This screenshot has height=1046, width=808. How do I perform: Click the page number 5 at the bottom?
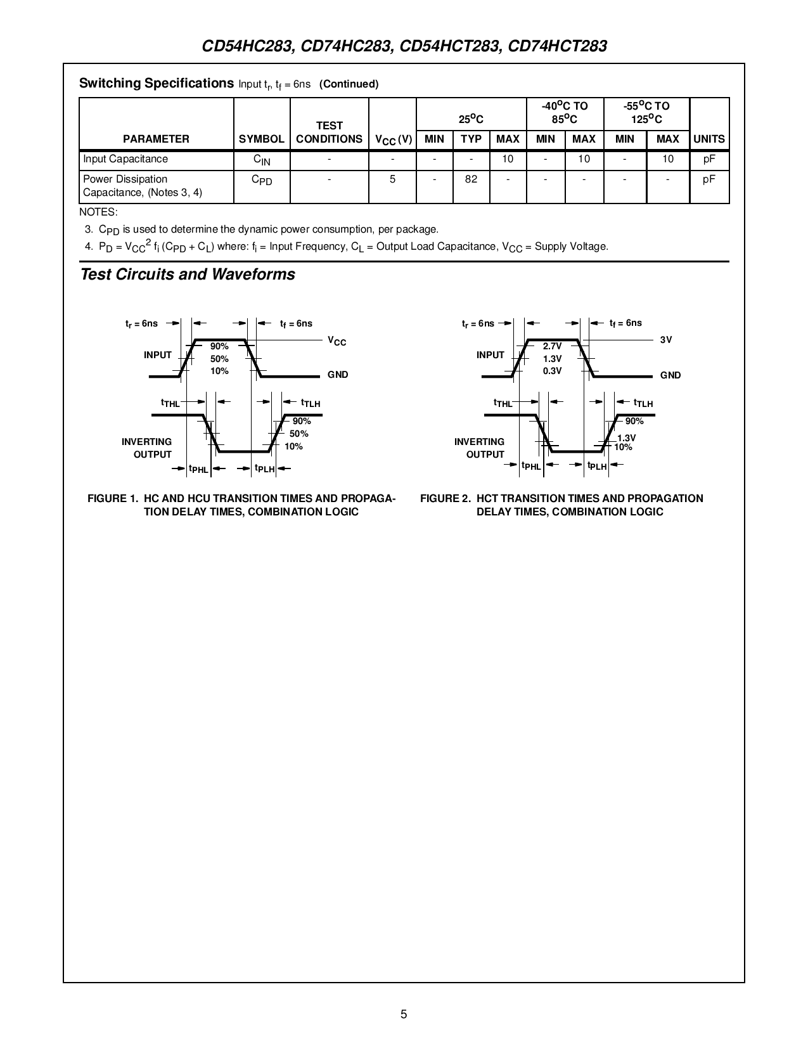click(404, 1014)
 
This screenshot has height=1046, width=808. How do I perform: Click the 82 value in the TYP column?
click(471, 179)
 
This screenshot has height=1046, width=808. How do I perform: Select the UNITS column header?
click(709, 139)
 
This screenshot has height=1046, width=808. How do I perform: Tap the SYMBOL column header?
click(262, 139)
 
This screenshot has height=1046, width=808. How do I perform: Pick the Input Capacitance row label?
click(125, 159)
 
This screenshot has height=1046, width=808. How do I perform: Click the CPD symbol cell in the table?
click(262, 181)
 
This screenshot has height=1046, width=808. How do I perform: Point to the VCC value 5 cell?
click(392, 179)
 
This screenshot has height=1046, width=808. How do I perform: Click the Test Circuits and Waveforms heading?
click(188, 274)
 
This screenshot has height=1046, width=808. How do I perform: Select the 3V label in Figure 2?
click(666, 340)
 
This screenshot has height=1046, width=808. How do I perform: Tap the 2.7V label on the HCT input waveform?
click(552, 346)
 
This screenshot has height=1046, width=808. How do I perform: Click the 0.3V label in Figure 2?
click(552, 371)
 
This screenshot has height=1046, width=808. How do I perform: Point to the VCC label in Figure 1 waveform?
click(337, 342)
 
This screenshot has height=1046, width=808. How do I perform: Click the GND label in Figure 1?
click(338, 375)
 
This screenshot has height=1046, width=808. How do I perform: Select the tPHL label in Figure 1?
click(198, 469)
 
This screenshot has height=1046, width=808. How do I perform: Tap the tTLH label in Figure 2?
click(643, 403)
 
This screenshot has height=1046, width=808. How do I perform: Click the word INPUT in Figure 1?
click(158, 355)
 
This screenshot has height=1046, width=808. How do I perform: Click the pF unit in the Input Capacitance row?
click(709, 159)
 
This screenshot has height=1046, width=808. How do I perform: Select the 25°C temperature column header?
click(471, 119)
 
